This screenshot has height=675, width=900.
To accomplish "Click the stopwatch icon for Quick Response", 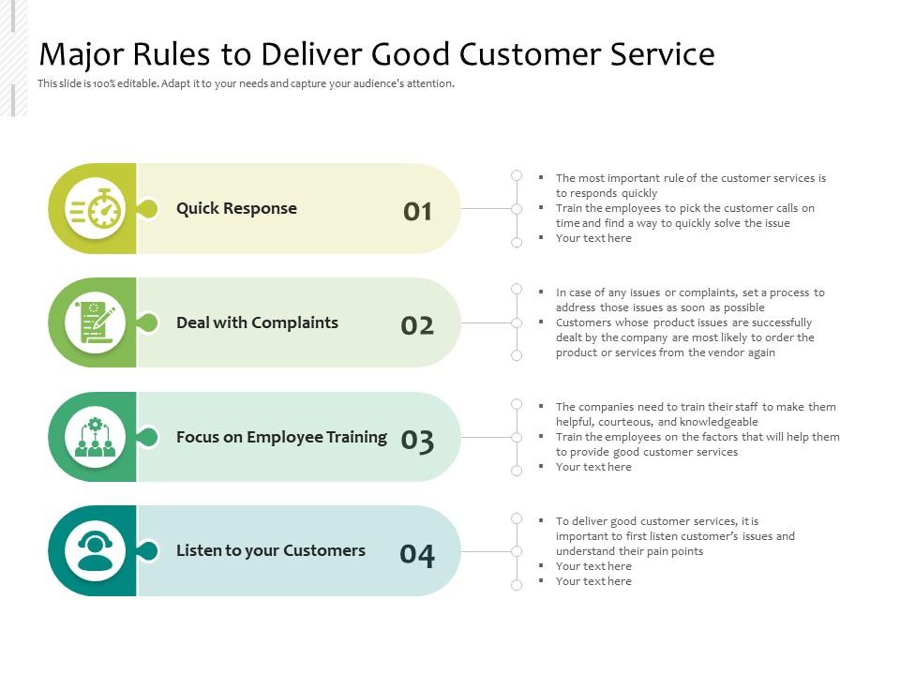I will (x=96, y=209).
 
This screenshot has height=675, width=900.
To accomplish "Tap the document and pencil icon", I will (x=96, y=322).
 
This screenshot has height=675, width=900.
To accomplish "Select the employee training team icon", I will (x=96, y=437).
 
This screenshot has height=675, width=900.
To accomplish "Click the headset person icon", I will (x=96, y=551).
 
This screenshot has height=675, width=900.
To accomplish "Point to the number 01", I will (x=418, y=212).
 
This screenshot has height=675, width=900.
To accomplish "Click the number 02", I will (x=417, y=326).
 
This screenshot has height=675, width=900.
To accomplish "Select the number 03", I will (x=417, y=441).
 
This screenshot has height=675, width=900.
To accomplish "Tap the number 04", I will (x=417, y=556).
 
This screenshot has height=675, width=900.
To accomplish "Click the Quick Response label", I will (x=236, y=209).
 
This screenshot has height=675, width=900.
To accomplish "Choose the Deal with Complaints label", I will (x=257, y=322).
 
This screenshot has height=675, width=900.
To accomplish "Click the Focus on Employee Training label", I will (x=281, y=437).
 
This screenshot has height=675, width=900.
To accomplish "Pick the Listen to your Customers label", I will (x=271, y=551).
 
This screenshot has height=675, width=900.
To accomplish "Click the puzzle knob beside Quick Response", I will (x=147, y=209).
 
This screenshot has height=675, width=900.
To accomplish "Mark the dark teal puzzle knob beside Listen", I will (x=147, y=551).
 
